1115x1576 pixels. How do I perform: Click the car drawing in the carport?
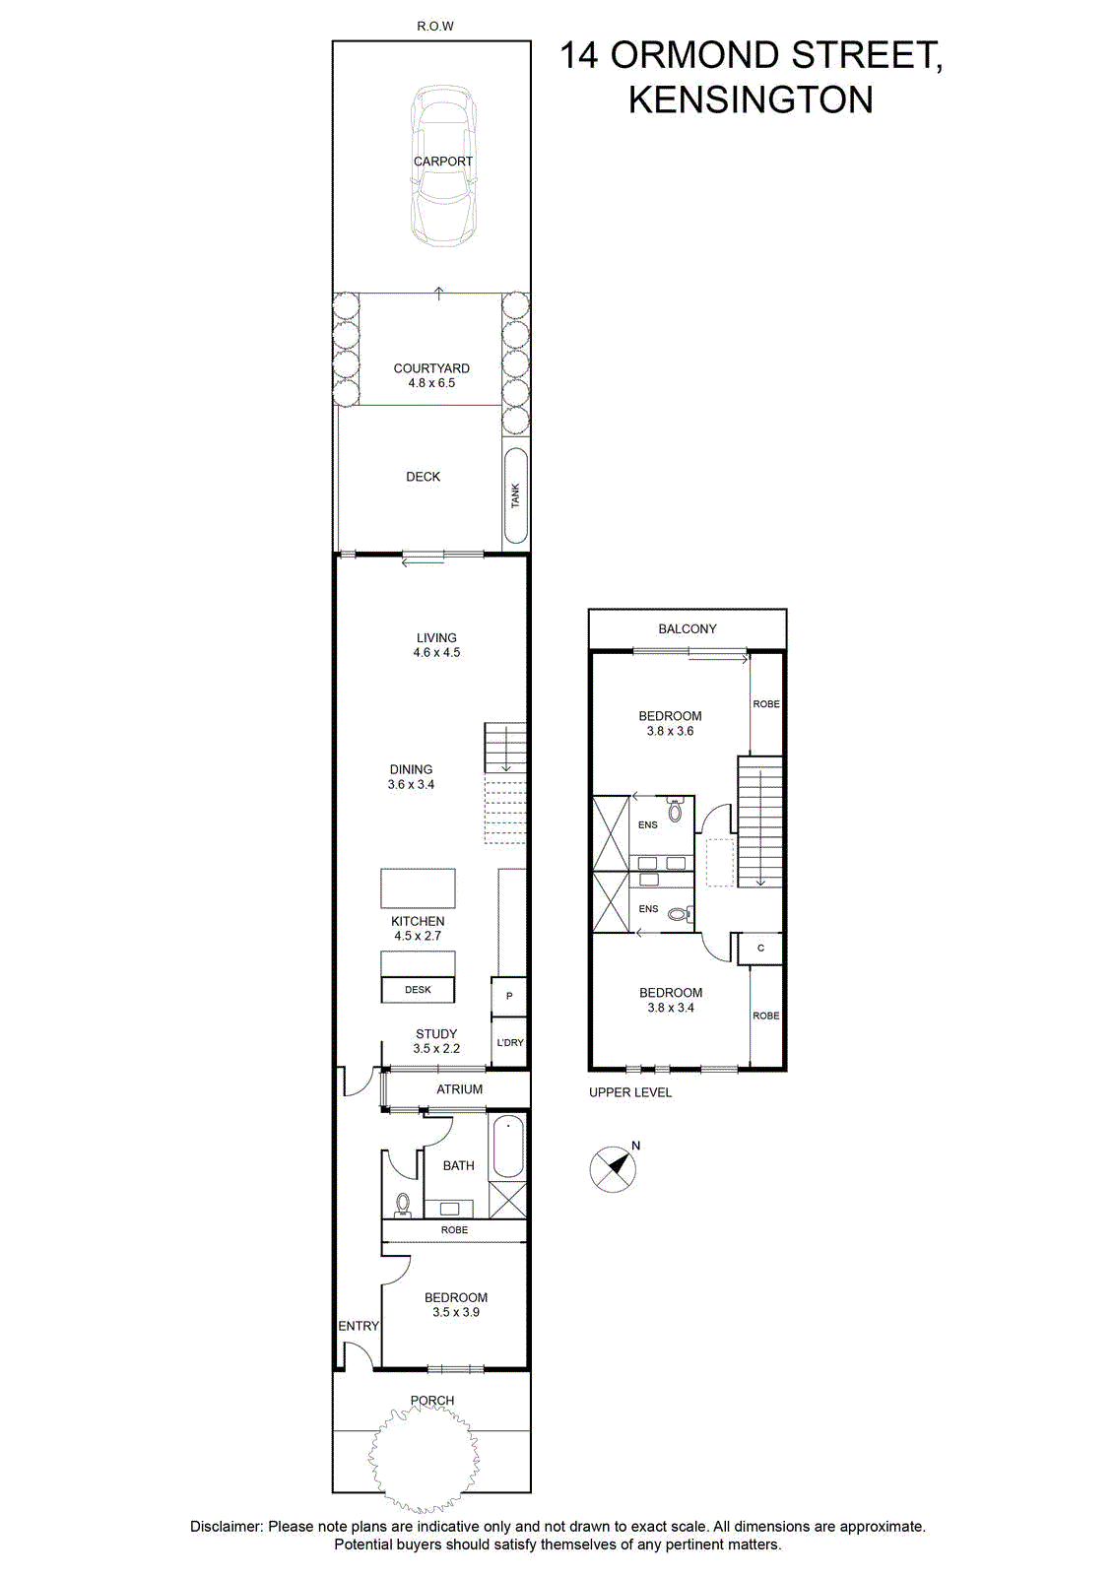coord(443,166)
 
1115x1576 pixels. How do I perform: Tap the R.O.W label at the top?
coord(435,27)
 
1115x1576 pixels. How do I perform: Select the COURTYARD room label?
coord(431,368)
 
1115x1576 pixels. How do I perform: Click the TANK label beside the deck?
coord(516,495)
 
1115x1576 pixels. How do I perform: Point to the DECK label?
coord(423,477)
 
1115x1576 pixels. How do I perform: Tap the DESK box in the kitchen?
coord(418,989)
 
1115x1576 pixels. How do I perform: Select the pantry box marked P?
coord(508,996)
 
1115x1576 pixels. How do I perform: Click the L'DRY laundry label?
coord(510,1042)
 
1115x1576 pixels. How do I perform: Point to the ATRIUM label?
coord(459,1089)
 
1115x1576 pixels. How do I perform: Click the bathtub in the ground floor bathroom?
coord(508,1147)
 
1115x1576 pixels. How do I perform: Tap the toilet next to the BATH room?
coord(403,1203)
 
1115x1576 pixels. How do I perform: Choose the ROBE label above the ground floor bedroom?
coord(454,1230)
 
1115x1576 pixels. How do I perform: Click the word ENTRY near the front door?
coord(359,1326)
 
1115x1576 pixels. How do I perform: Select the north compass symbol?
coord(614,1168)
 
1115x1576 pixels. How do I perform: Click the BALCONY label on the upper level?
coord(688,629)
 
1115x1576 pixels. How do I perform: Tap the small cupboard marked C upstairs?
coord(759,949)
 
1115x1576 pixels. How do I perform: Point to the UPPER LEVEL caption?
coord(630,1092)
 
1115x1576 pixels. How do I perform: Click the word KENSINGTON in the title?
coord(751,99)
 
